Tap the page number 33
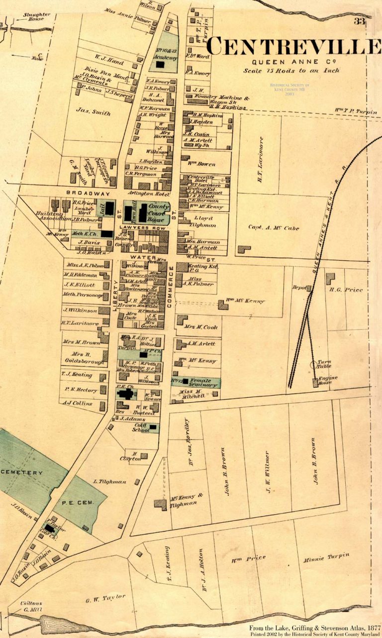[360, 21]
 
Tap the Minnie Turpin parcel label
[326, 557]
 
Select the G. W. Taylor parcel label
[106, 599]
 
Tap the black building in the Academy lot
[160, 64]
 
